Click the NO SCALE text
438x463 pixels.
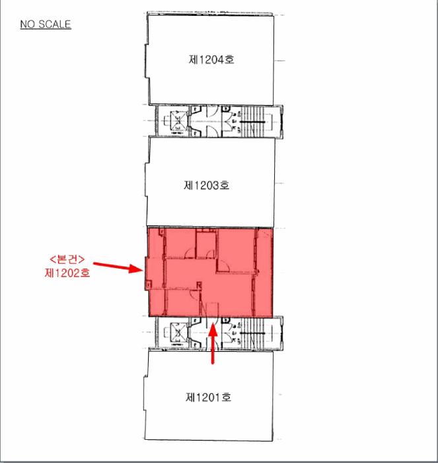46,24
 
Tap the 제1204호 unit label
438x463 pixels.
211,60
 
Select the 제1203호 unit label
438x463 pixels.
207,185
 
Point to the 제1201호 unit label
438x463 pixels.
208,397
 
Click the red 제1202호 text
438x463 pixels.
67,273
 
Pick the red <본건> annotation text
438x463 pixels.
67,259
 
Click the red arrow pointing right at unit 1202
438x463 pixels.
118,267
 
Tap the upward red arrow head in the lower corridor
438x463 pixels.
213,330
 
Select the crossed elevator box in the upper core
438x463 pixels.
179,120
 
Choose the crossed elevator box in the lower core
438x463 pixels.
179,333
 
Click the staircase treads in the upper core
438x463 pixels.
252,121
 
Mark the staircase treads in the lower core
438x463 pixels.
252,333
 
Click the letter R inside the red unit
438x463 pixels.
199,285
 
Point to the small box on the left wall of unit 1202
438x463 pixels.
148,284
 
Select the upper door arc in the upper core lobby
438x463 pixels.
212,110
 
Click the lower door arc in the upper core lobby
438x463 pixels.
212,131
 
